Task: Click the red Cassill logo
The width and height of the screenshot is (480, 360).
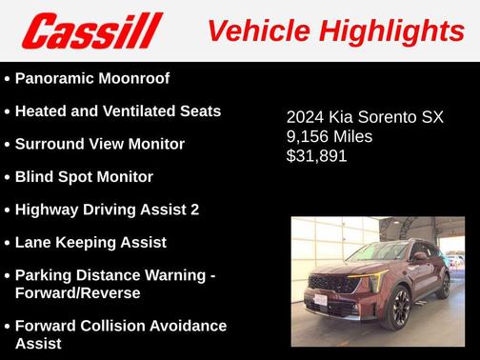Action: [92, 31]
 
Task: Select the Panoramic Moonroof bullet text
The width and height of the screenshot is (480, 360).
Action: [92, 78]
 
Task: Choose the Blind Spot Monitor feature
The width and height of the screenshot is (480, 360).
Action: [84, 176]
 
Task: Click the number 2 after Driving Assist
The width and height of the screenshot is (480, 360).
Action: [194, 209]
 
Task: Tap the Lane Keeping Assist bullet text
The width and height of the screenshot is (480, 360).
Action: [90, 242]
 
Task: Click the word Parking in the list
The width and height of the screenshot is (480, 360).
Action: [43, 274]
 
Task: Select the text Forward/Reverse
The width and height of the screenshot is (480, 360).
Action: [77, 292]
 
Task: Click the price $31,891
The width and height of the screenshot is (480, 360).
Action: [317, 156]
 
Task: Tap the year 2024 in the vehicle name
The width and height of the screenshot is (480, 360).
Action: [306, 118]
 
